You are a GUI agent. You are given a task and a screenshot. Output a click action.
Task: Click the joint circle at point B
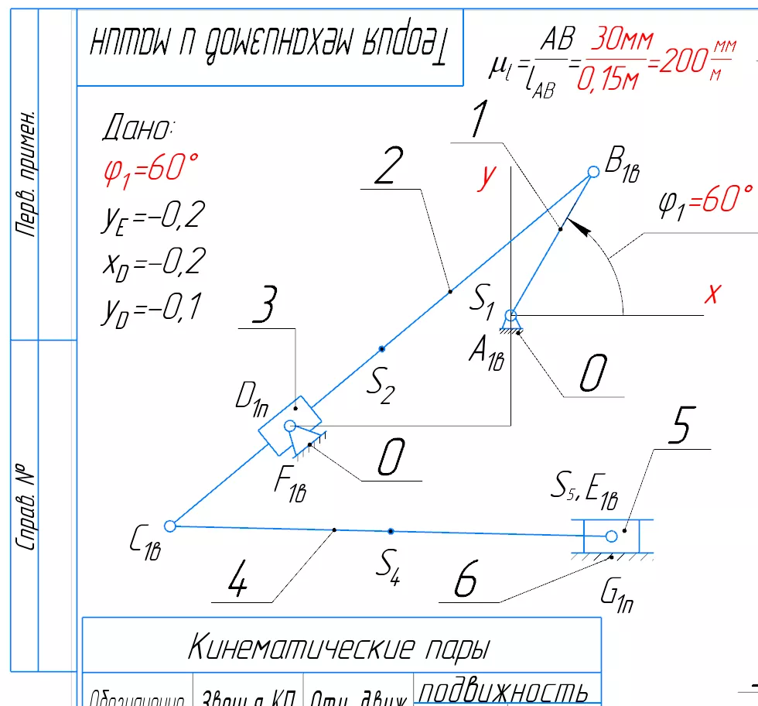point(593,172)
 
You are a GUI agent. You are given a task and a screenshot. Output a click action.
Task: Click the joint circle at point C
point(170,526)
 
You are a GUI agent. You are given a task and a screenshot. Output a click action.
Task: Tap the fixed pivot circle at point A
point(510,315)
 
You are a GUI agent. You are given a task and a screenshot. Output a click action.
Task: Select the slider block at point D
point(285,427)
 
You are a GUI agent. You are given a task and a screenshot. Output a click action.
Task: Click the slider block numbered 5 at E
point(612,536)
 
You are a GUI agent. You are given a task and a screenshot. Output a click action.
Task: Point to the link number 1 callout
point(480,122)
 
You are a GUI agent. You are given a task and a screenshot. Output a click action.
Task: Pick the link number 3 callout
point(265,309)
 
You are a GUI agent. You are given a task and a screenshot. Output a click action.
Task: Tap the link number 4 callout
point(239,582)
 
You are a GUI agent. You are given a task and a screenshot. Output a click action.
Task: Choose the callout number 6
point(465,581)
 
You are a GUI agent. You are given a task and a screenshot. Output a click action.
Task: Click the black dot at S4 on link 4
point(391,531)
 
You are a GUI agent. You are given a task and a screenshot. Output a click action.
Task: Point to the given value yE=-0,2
point(152,219)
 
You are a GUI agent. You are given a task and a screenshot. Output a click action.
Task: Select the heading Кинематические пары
point(339,646)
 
